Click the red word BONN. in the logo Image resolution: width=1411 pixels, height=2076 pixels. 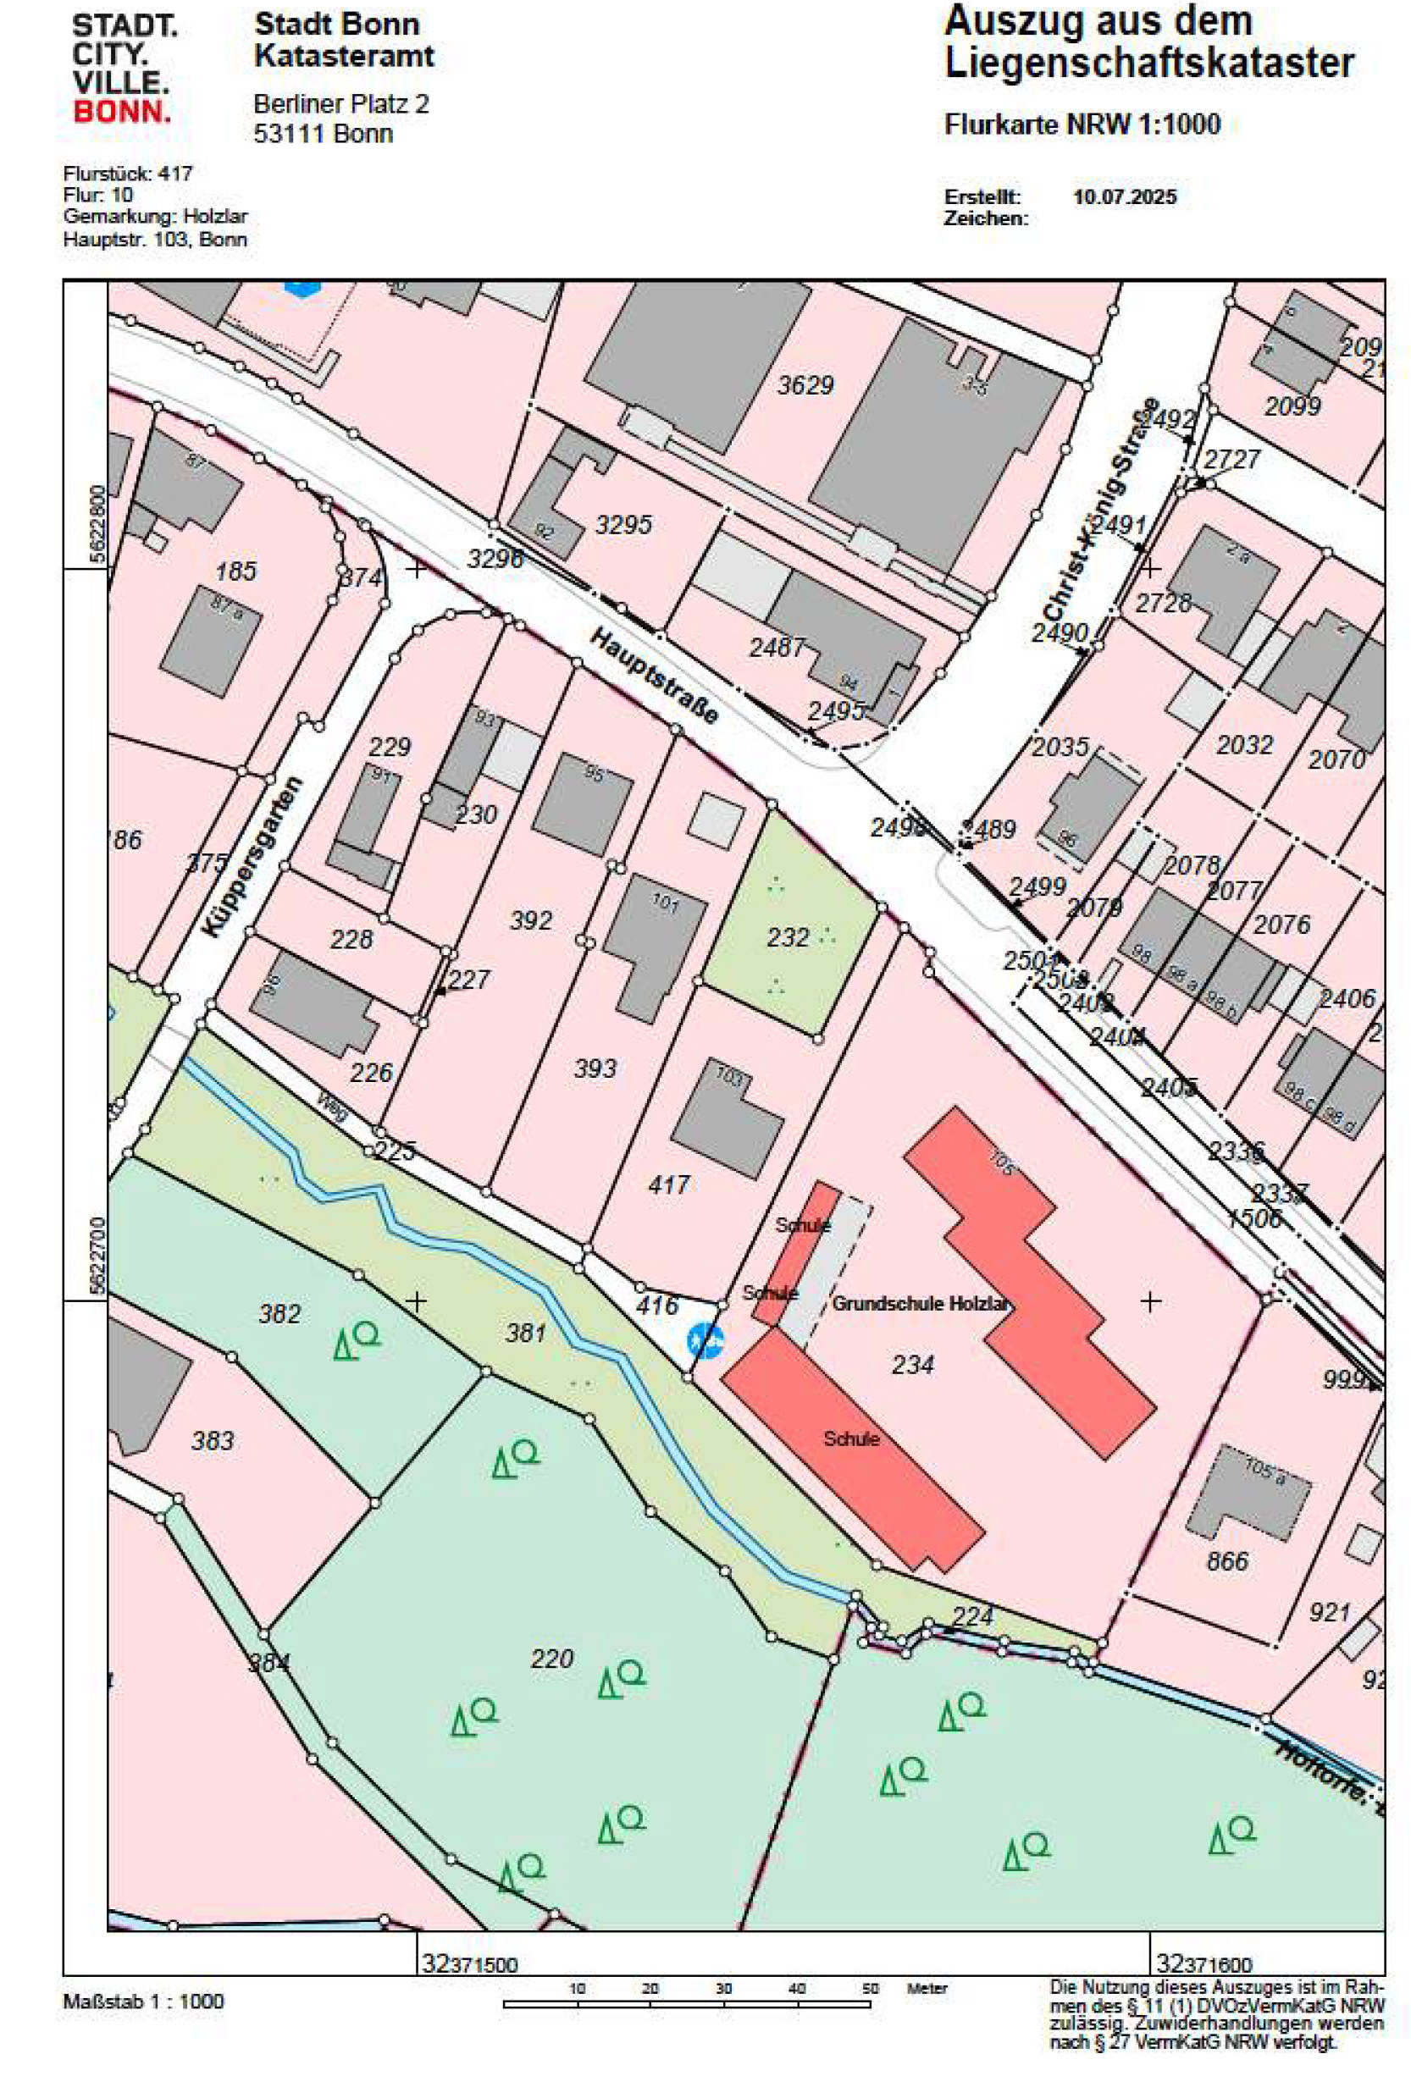click(x=120, y=112)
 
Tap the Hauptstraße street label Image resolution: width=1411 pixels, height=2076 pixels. click(x=653, y=676)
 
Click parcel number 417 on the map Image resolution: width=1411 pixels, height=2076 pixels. click(x=668, y=1184)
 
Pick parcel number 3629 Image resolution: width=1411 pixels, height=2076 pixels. click(x=805, y=385)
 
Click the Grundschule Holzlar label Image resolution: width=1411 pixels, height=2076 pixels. click(x=921, y=1303)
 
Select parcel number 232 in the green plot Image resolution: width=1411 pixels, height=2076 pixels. click(x=788, y=937)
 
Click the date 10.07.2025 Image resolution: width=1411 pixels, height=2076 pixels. click(x=1124, y=196)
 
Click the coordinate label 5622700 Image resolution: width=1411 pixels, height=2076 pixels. click(x=97, y=1255)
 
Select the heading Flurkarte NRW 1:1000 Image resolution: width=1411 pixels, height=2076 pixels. click(x=1082, y=124)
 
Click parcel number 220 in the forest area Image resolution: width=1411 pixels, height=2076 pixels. click(x=551, y=1659)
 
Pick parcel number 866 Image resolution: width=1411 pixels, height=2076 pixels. click(x=1227, y=1560)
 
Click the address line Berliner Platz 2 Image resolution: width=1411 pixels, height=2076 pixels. click(x=340, y=104)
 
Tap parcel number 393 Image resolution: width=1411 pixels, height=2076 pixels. click(x=595, y=1068)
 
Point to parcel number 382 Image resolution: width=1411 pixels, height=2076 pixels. click(x=279, y=1313)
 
